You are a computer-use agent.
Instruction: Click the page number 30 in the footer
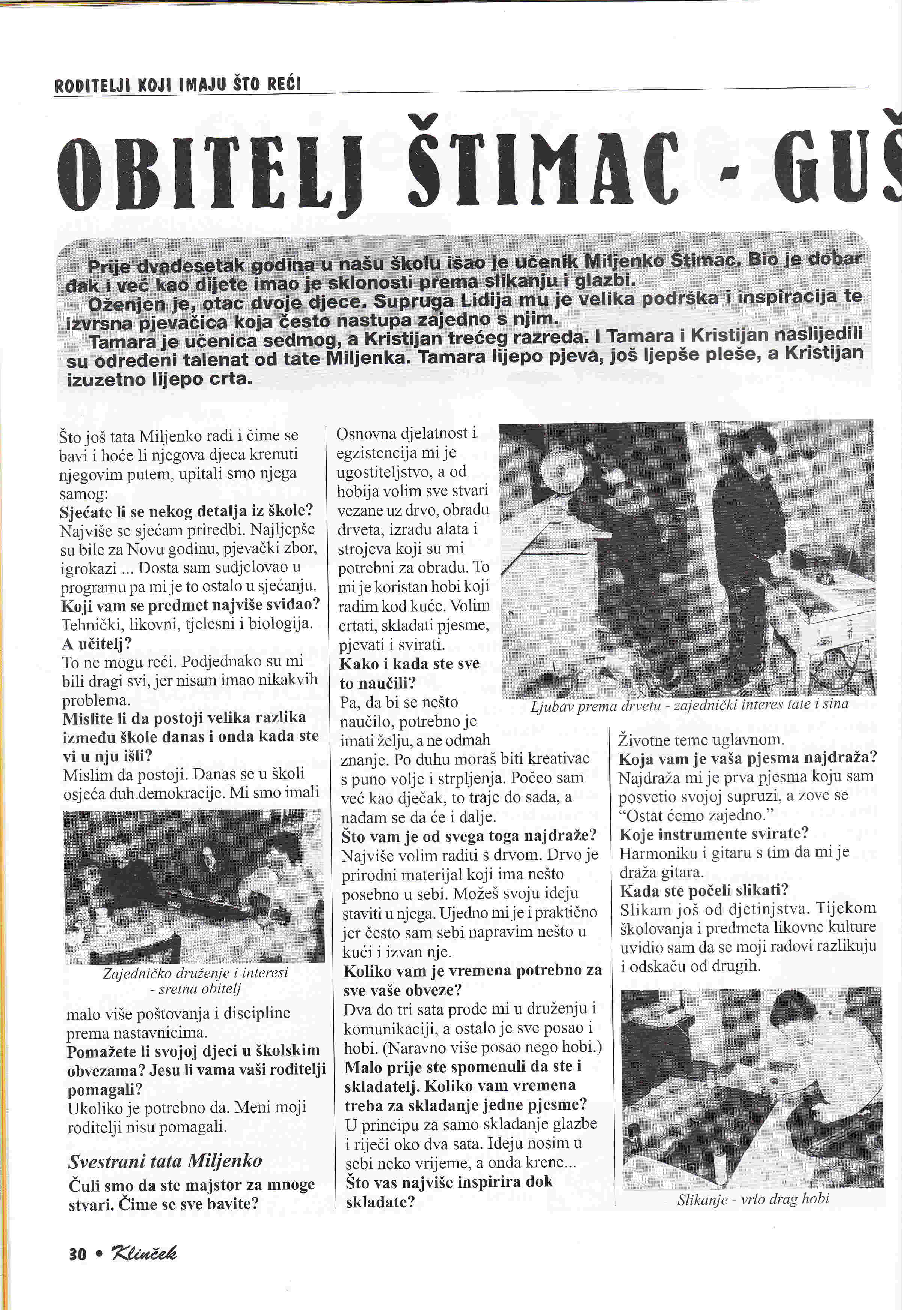coord(77,1254)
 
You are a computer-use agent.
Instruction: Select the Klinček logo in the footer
coord(144,1253)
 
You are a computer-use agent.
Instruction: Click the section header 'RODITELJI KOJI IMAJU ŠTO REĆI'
coord(177,85)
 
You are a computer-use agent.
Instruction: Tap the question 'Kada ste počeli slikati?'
coord(704,891)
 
